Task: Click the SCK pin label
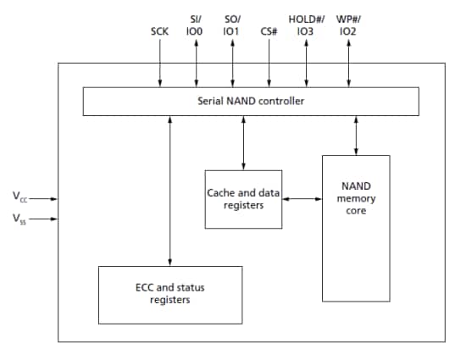pos(160,31)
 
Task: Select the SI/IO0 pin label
pos(196,25)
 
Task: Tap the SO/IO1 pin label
pos(230,25)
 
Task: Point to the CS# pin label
pos(270,31)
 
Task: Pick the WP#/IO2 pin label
pos(347,25)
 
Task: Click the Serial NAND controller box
pos(250,102)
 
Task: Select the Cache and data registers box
pos(243,199)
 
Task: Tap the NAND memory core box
pos(356,227)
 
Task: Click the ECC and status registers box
pos(170,293)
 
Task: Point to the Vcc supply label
pos(19,197)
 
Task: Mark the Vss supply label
pos(19,219)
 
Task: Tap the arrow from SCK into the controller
pos(160,64)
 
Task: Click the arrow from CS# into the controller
pos(270,64)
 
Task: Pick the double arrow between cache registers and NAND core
pos(301,199)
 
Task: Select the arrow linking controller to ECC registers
pos(170,191)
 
